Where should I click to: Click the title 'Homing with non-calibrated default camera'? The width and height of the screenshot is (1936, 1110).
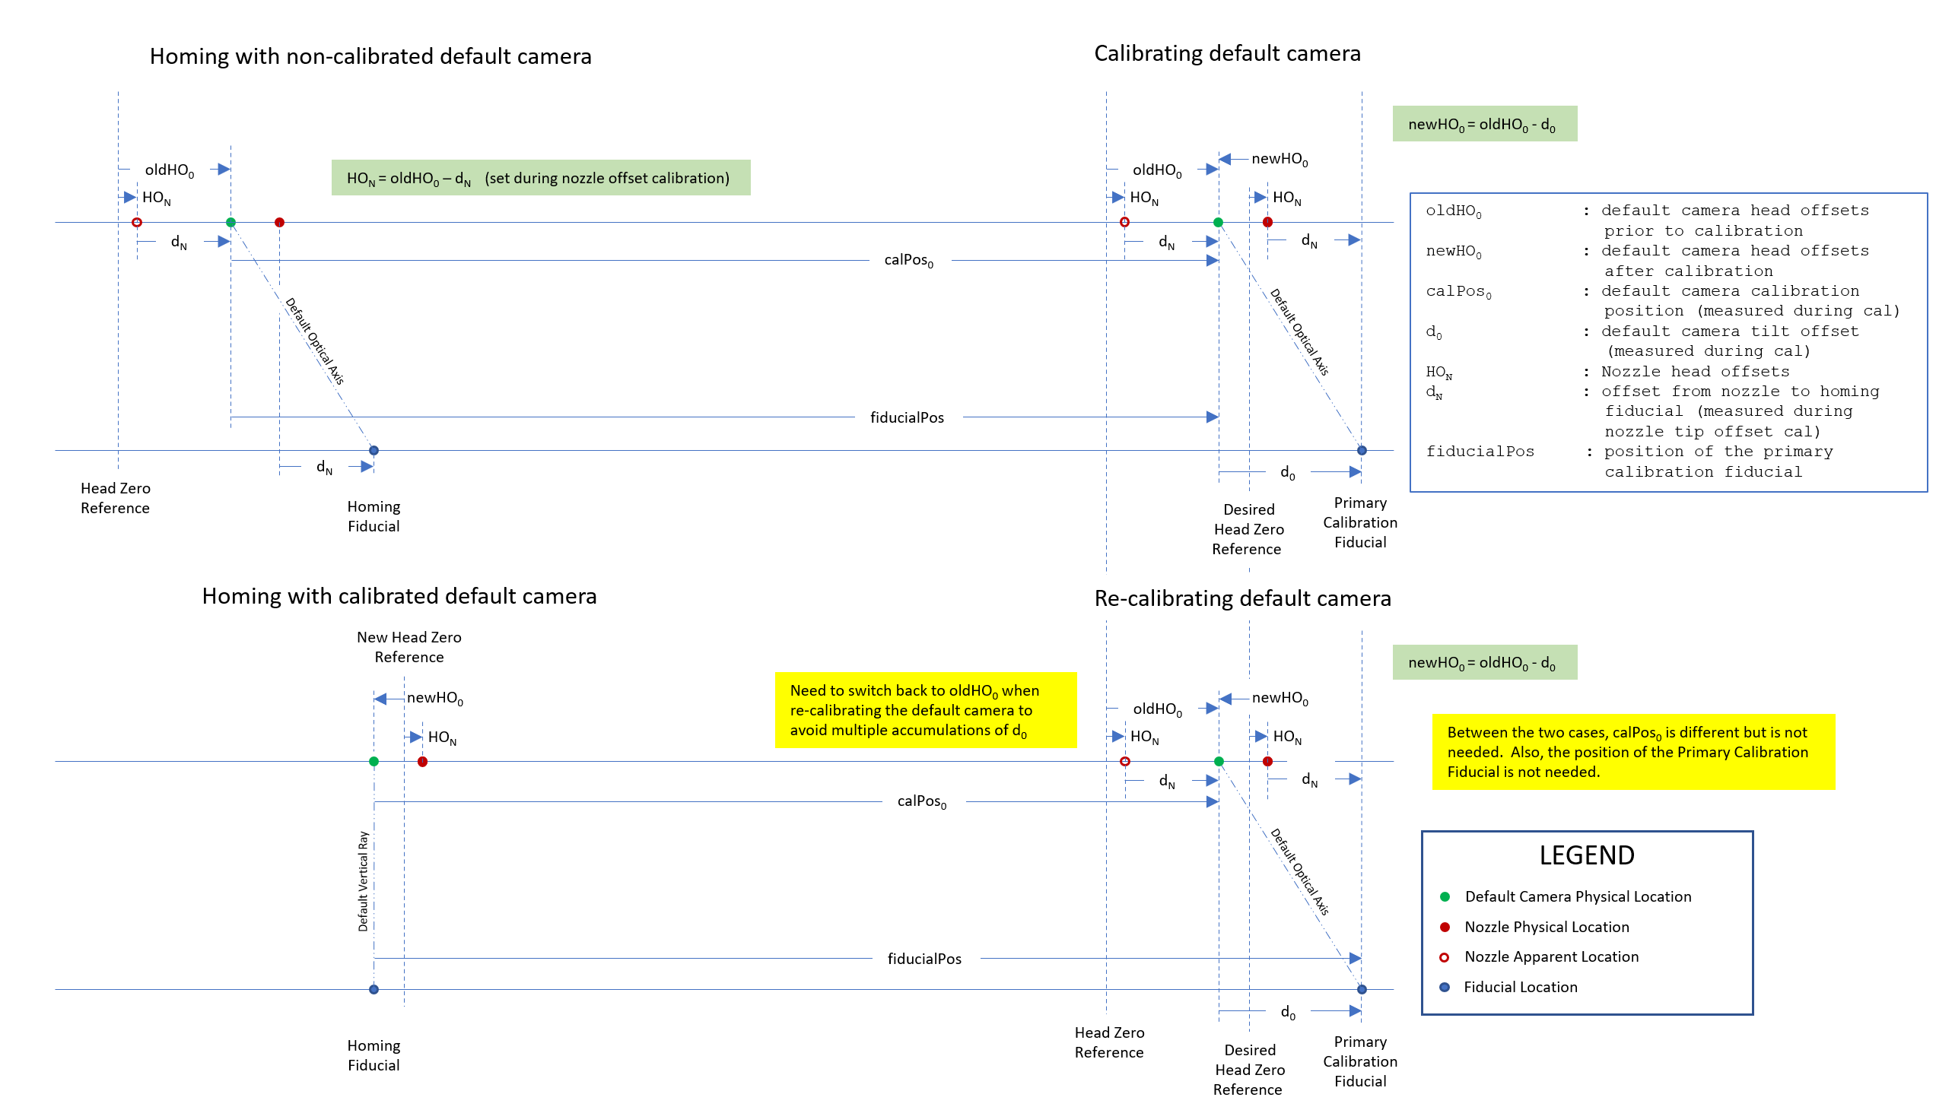(370, 56)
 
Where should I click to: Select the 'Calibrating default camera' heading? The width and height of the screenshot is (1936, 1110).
(1226, 53)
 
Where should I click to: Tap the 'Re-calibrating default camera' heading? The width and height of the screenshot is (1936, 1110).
(1241, 598)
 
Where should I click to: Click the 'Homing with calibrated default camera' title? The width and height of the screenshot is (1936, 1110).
(399, 596)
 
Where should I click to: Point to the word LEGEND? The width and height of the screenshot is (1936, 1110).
(1586, 855)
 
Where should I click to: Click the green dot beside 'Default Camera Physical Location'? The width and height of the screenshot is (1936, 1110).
(1444, 896)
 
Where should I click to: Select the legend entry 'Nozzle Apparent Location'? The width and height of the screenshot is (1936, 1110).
(1551, 956)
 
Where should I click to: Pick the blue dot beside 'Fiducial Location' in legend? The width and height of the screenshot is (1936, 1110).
(1444, 988)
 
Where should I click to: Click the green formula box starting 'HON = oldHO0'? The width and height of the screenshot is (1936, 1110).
(540, 178)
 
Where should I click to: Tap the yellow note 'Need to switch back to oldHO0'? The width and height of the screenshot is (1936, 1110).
(924, 710)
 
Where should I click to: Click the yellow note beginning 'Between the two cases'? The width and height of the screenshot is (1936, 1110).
(1632, 752)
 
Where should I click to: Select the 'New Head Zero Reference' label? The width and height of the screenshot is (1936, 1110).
(408, 647)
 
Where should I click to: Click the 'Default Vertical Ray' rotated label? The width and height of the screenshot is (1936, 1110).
(363, 881)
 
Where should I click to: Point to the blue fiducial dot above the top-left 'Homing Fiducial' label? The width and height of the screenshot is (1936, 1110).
(374, 451)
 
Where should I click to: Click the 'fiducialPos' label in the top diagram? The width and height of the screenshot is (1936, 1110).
(907, 418)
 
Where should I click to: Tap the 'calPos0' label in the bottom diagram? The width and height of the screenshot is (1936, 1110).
(921, 801)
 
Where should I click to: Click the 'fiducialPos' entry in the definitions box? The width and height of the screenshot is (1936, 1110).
(1479, 452)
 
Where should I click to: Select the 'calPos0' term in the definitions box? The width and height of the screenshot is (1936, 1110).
(1458, 291)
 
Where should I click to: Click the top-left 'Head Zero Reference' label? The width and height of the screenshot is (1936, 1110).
(115, 498)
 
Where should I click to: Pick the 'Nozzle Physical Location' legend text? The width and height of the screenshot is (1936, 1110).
(1547, 927)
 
